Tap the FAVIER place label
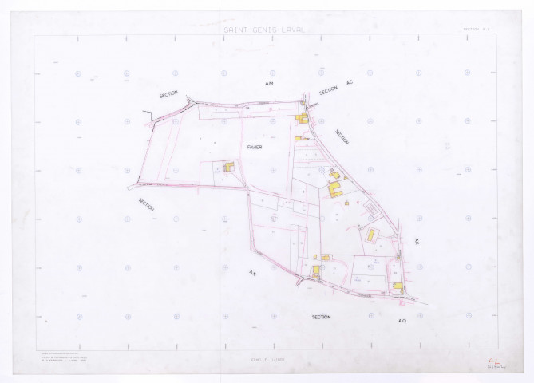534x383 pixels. tap(255, 147)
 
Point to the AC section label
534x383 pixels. tap(348, 83)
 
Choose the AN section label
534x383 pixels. tap(251, 274)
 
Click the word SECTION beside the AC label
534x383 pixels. tap(328, 92)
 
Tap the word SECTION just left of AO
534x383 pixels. tap(321, 317)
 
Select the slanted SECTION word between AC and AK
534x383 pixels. tap(342, 137)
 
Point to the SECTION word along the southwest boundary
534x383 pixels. tap(146, 205)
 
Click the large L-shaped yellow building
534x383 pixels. tap(336, 190)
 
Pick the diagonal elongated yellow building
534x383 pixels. tap(372, 235)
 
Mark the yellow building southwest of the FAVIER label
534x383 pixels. tap(228, 168)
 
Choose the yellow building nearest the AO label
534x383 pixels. tap(397, 285)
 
